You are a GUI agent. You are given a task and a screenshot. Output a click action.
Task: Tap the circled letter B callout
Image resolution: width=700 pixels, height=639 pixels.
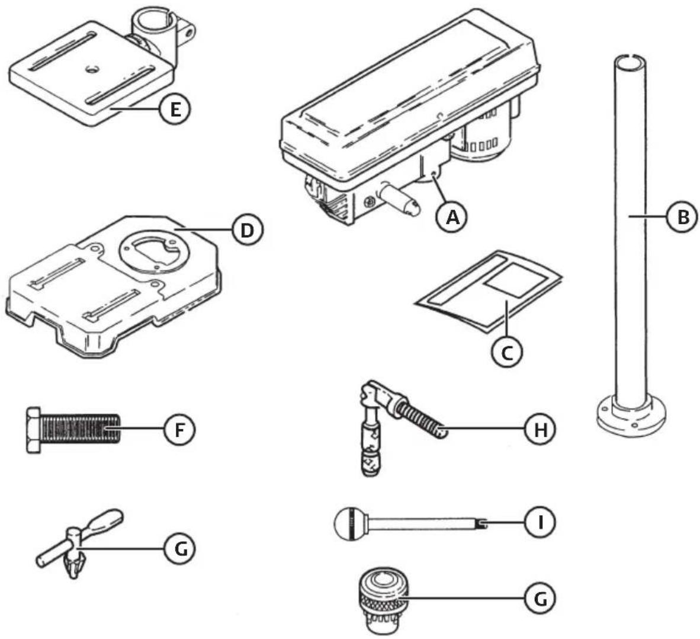682,217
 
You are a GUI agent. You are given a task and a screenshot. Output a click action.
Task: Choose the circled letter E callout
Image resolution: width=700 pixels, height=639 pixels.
175,109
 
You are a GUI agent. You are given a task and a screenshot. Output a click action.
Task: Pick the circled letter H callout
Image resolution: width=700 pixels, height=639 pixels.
540,430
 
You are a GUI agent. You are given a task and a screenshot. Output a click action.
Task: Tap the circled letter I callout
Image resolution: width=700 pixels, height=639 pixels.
540,522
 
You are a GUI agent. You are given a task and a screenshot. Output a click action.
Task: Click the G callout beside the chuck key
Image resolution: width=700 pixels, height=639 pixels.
180,548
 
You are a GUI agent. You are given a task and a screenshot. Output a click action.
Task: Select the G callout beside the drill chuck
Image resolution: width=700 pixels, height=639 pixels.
540,598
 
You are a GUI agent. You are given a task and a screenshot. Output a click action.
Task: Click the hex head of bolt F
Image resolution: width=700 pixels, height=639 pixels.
34,430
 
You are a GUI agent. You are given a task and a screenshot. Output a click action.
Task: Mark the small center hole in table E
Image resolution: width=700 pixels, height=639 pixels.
92,68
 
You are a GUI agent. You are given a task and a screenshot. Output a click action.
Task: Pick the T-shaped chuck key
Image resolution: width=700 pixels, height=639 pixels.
79,543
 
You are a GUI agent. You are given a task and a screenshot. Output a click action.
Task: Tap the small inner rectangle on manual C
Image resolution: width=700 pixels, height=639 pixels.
517,280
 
